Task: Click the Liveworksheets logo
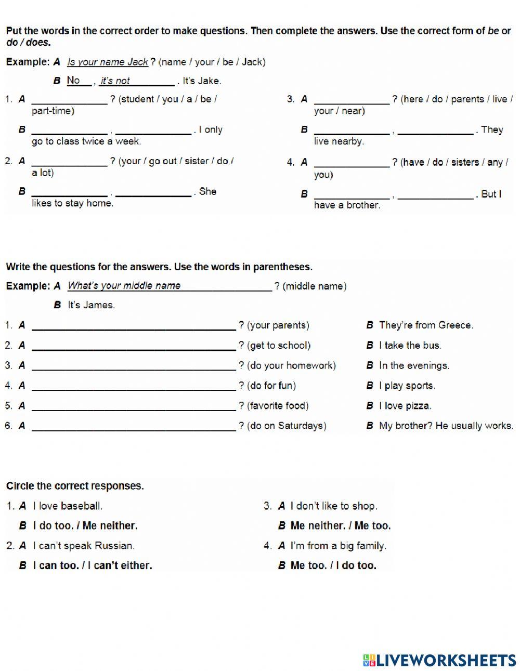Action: coord(439,660)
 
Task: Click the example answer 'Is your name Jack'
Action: coord(108,62)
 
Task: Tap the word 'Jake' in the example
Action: coord(210,81)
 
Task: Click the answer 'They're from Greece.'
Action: coord(426,325)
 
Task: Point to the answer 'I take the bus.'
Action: coord(410,346)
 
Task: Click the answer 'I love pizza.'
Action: coord(405,406)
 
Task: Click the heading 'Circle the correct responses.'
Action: coord(75,486)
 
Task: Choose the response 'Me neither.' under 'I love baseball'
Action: coord(110,526)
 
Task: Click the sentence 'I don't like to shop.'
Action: coord(333,506)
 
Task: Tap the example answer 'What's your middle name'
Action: coord(124,286)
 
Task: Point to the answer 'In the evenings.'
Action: coord(414,366)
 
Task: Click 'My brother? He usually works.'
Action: coord(446,426)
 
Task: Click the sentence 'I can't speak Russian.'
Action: coord(84,546)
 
